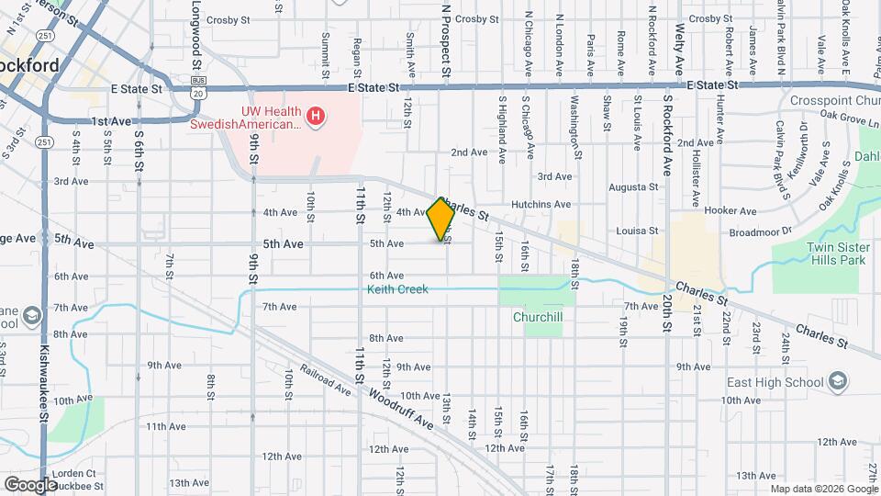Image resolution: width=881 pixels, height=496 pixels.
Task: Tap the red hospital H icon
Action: coord(316,117)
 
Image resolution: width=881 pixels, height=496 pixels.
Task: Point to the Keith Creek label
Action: coord(398,289)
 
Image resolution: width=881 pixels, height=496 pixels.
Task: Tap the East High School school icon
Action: coord(836,381)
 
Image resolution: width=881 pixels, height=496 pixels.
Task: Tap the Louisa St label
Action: coord(638,231)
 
